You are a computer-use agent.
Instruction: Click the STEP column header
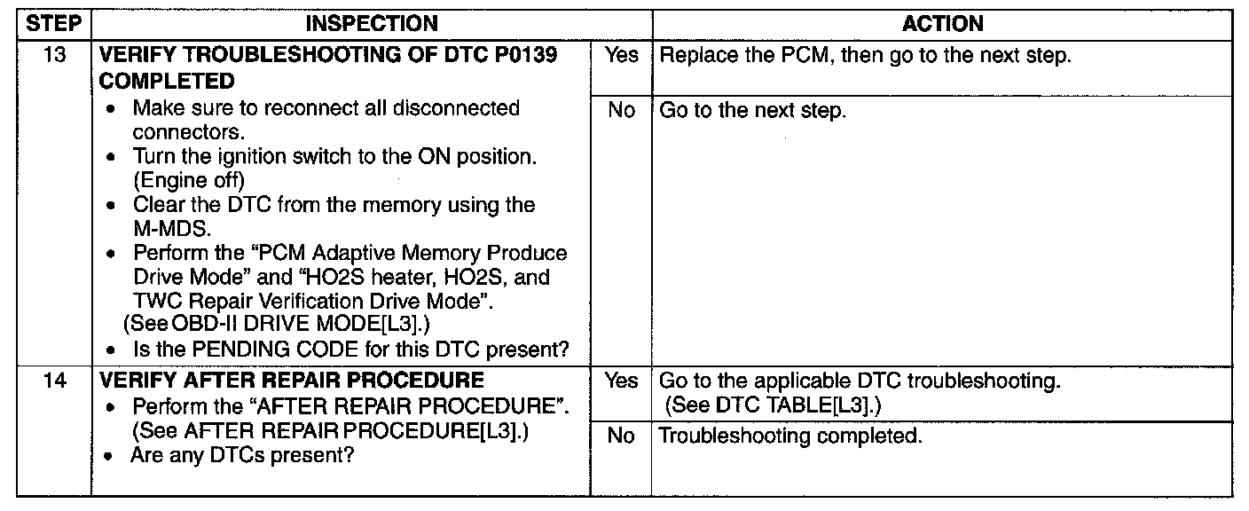(x=54, y=24)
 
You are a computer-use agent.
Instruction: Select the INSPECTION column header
(x=372, y=24)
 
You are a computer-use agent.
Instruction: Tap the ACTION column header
(x=942, y=24)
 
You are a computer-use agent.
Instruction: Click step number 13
(x=54, y=55)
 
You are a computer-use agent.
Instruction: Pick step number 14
(x=54, y=381)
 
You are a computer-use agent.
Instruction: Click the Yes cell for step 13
(x=621, y=55)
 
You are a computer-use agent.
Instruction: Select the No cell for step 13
(x=621, y=110)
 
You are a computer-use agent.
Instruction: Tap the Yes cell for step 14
(x=621, y=381)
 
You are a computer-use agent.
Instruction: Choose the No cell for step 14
(x=621, y=435)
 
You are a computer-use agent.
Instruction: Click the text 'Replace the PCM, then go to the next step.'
(x=865, y=55)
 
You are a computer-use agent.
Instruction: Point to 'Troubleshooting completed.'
(x=790, y=436)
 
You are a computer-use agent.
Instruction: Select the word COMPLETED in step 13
(x=166, y=82)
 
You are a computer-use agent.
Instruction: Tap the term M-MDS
(x=172, y=229)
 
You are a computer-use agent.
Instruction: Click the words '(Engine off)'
(x=188, y=180)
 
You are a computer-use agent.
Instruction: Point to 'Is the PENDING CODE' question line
(x=350, y=350)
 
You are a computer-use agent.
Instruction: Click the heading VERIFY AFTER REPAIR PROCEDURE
(x=292, y=381)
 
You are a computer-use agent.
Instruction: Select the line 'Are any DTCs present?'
(x=242, y=455)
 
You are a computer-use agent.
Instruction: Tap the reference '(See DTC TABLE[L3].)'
(x=773, y=405)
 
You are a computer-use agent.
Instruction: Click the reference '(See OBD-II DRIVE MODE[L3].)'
(x=277, y=324)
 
